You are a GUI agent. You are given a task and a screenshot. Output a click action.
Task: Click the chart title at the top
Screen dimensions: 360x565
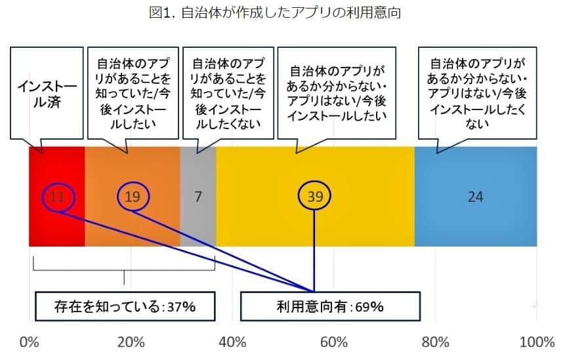click(x=283, y=12)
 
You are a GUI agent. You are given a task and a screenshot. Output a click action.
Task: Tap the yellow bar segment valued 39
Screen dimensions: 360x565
click(x=315, y=223)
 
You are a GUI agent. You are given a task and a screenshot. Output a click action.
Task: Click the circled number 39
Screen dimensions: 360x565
click(x=315, y=196)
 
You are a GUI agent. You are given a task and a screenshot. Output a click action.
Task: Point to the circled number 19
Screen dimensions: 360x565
click(x=133, y=196)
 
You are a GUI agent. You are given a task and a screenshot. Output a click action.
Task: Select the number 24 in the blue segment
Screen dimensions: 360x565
click(x=476, y=196)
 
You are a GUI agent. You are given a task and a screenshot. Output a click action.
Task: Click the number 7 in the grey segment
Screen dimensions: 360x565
click(x=198, y=196)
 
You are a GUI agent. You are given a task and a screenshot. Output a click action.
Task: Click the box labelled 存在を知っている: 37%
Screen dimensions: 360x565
click(x=125, y=306)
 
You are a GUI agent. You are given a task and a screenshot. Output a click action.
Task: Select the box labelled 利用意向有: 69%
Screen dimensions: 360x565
click(x=330, y=306)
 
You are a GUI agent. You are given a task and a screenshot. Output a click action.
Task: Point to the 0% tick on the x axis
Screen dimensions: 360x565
click(x=30, y=342)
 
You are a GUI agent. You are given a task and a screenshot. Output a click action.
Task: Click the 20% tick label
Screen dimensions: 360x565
click(x=131, y=342)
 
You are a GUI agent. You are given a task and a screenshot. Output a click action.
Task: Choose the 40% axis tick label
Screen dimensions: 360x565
click(x=232, y=342)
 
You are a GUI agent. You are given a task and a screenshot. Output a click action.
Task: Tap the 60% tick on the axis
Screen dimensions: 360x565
click(x=334, y=342)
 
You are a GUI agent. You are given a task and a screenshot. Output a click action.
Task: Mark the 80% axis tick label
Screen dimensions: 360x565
click(x=436, y=342)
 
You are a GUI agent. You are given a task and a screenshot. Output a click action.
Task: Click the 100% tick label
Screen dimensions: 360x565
click(x=537, y=342)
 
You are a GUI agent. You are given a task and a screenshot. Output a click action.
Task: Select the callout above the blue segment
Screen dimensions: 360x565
click(x=477, y=93)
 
